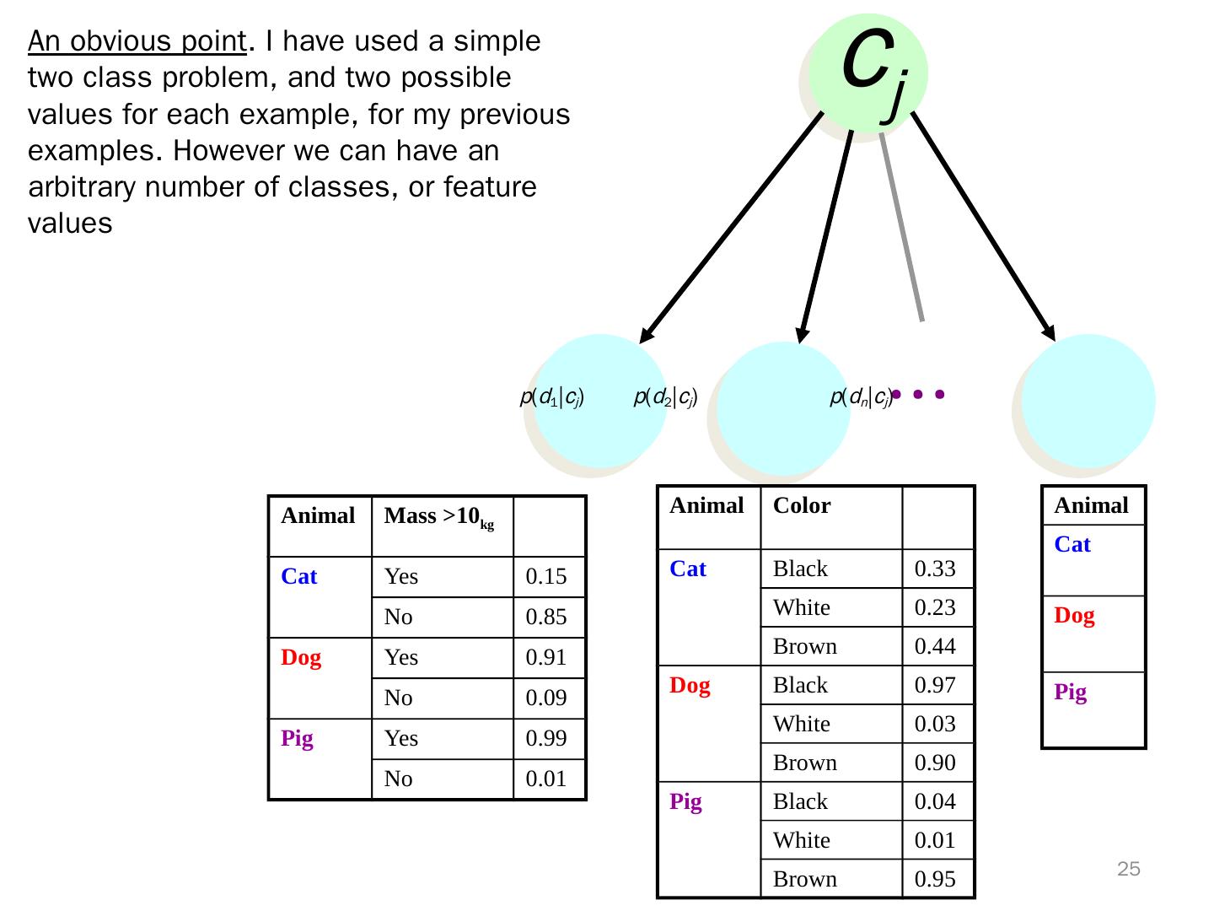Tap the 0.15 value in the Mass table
pos(545,577)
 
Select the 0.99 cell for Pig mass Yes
pos(545,739)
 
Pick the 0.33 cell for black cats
pos(935,569)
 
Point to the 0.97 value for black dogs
pos(935,686)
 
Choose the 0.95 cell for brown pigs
pos(935,880)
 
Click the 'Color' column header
pos(802,506)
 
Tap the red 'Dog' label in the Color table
pos(690,686)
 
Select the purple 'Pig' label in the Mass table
pos(297,739)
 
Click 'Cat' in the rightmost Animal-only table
pos(1072,545)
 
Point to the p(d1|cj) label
pos(552,396)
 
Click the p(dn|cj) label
pos(861,396)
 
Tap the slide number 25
pos(1128,870)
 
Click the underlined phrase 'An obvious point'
pos(137,41)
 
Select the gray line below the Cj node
pos(901,228)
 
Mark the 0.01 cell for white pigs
pos(935,841)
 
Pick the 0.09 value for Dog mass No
pos(545,698)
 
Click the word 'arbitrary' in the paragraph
pos(82,186)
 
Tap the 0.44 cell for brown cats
pos(935,647)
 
